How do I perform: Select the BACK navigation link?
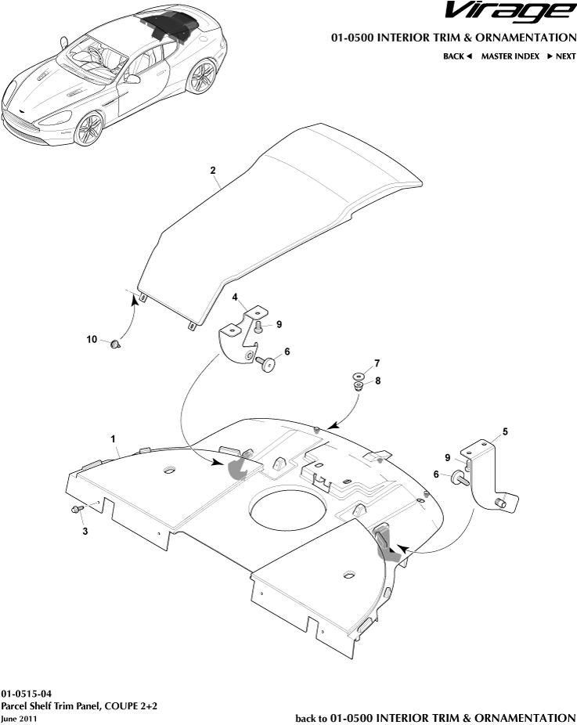point(457,56)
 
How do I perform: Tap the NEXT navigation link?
point(561,56)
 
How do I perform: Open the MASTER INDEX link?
point(510,56)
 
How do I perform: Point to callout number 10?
point(92,339)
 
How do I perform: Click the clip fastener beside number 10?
point(116,344)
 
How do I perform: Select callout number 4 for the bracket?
point(234,298)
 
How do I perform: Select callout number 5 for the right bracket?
point(505,431)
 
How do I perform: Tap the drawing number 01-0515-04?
point(27,694)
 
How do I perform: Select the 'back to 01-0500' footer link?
point(435,717)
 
